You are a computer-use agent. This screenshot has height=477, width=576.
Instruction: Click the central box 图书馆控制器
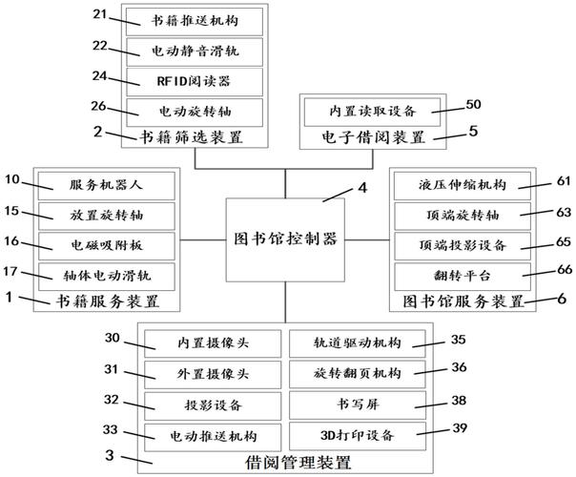point(285,240)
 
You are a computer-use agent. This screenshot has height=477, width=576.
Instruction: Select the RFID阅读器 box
point(195,82)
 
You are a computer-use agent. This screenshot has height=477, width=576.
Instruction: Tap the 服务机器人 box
point(107,185)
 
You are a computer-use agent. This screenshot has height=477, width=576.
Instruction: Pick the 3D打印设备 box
point(358,436)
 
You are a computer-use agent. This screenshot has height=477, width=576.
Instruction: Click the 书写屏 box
point(358,405)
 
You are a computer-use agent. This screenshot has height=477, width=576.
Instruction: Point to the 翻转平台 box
point(463,277)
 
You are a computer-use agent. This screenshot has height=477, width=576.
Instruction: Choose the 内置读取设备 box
point(373,112)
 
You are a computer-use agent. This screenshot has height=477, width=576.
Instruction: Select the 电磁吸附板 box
point(107,246)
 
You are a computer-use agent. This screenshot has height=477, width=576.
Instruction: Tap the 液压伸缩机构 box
point(463,185)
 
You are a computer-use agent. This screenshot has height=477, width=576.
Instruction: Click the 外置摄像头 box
point(213,375)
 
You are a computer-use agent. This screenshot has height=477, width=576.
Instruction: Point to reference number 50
point(473,104)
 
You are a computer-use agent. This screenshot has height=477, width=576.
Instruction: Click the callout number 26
point(98,106)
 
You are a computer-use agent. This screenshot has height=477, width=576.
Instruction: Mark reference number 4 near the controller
point(362,188)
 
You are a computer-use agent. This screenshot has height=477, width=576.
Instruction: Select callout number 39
point(460,428)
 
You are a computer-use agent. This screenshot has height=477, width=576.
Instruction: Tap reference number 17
point(10,272)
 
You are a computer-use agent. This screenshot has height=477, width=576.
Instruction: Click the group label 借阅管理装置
point(298,463)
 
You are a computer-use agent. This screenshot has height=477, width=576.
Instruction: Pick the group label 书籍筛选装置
point(191,137)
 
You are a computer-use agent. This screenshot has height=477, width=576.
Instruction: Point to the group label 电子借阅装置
point(373,137)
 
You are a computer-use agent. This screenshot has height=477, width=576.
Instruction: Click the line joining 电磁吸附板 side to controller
point(203,240)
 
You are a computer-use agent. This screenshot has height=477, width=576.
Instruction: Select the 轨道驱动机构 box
point(358,343)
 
